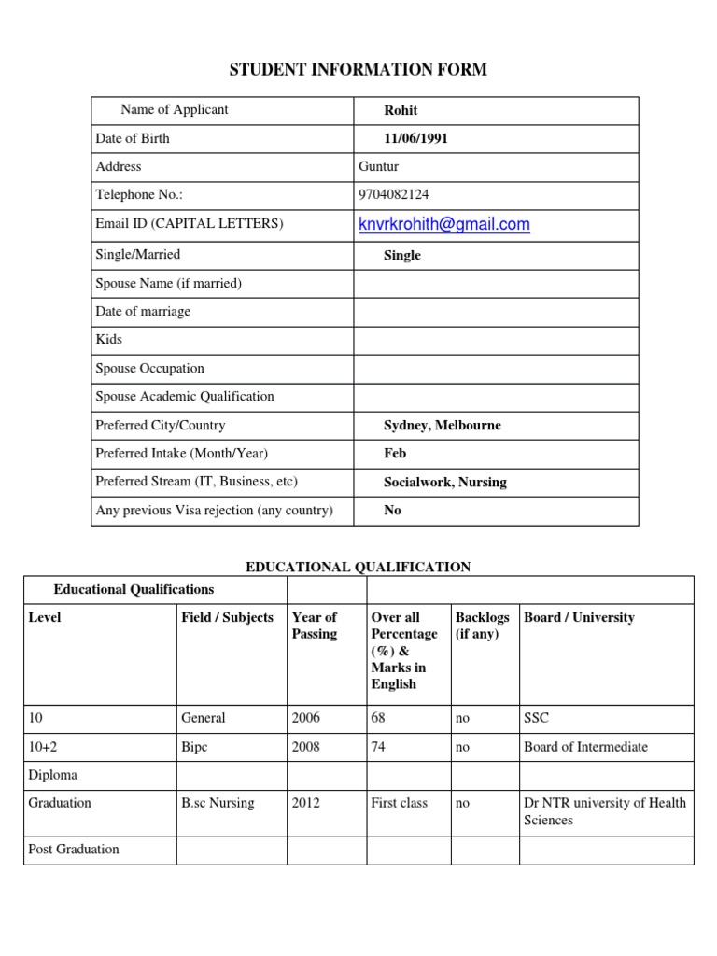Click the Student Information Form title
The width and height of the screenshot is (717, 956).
coord(358,70)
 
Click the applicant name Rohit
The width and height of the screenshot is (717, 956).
coord(401,110)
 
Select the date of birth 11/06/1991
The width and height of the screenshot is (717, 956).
coord(416,138)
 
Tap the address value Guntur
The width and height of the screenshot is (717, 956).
coord(378,166)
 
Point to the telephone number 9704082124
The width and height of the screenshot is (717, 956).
coord(394,195)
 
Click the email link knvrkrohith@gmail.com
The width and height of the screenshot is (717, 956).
coord(443,224)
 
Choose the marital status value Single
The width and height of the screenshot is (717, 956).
coord(402,255)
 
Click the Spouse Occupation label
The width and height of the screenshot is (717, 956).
coord(149,368)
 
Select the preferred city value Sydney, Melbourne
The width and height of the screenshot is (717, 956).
coord(442,425)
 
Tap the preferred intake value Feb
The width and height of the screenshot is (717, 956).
coord(395,453)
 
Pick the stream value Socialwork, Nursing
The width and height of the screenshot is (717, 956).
coord(444,482)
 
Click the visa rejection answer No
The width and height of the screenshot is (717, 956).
coord(392,511)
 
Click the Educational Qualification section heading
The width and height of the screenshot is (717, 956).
coord(358,567)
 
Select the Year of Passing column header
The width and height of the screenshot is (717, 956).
coord(315,626)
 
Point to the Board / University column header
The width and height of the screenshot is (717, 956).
coord(579,617)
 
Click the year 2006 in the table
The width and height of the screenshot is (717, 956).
coord(305,718)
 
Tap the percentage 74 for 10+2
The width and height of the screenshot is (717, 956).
coord(379,747)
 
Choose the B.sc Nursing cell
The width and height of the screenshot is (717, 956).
coord(218,803)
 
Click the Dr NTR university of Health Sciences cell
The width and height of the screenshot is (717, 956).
coord(605,811)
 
